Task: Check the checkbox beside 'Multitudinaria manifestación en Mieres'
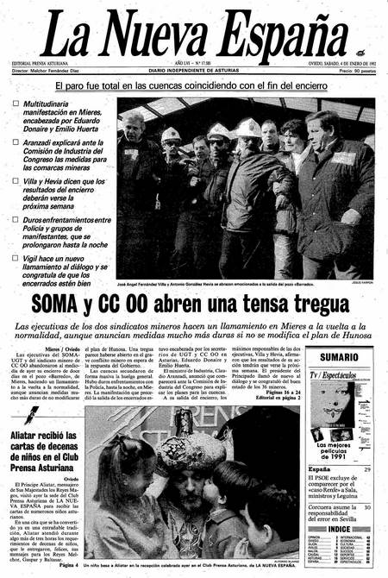tap(16, 104)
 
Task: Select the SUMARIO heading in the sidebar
tap(340, 356)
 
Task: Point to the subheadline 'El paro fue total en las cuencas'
tap(194, 86)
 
